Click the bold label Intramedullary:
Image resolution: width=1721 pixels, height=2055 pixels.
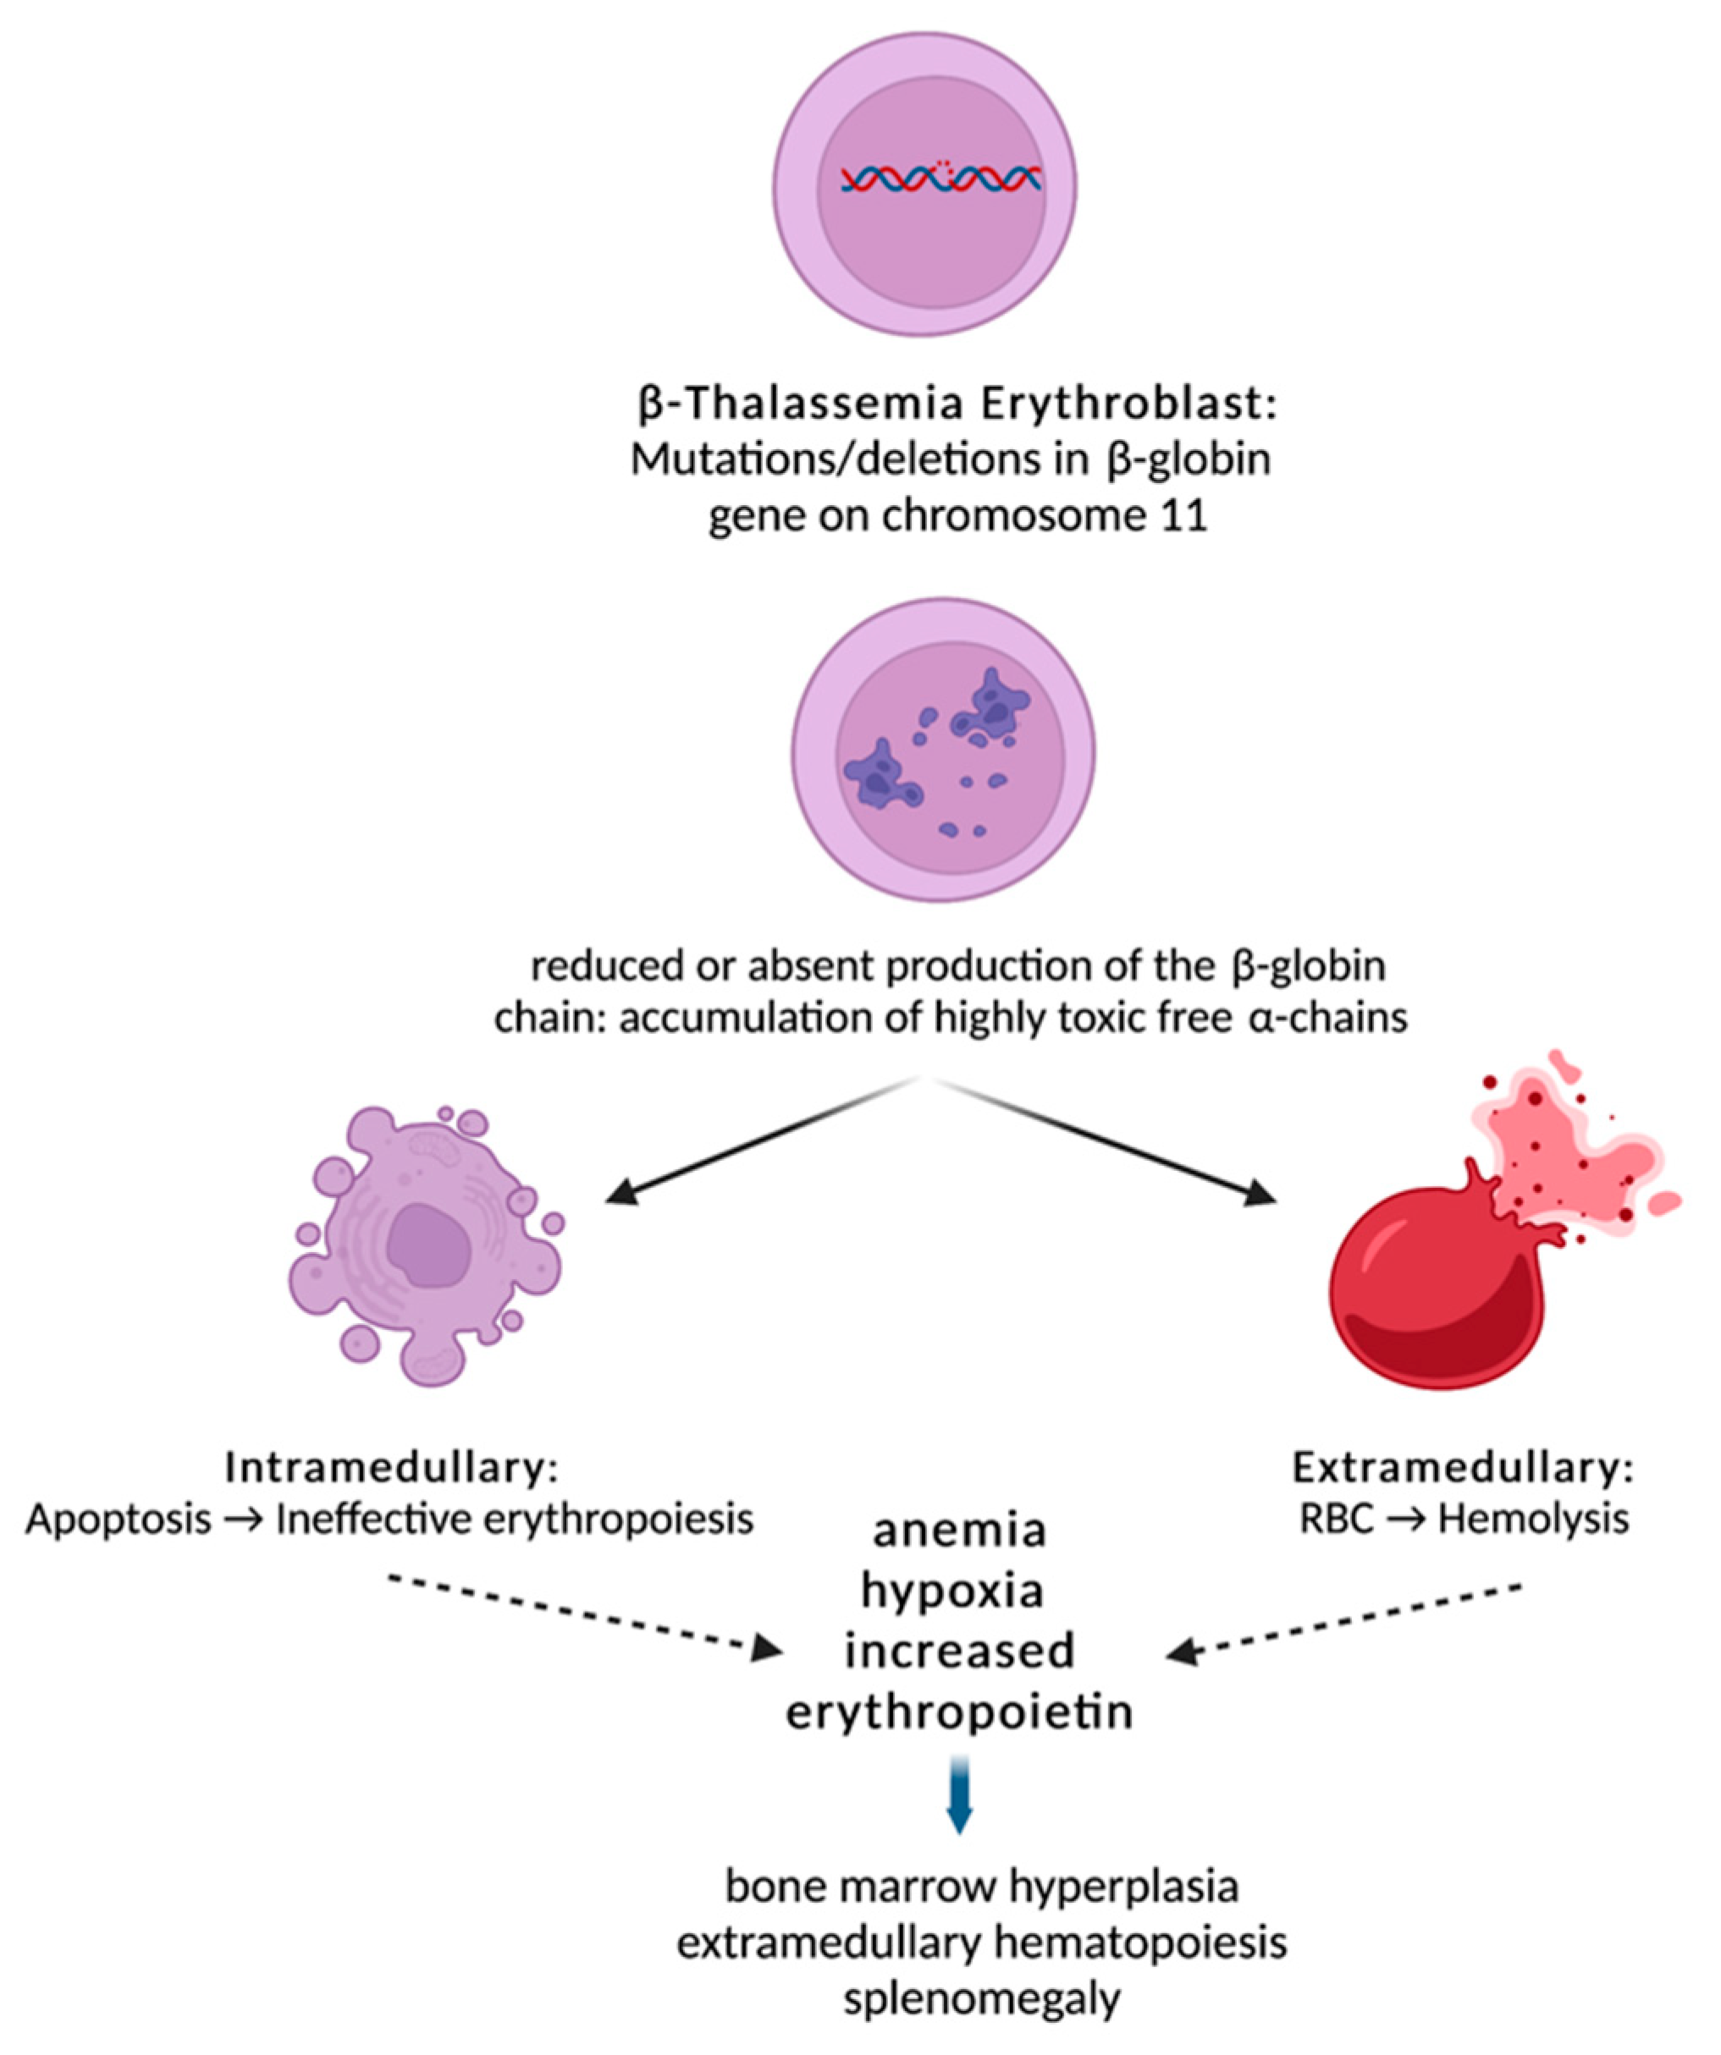click(x=393, y=1468)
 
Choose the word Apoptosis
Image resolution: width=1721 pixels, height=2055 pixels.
click(x=119, y=1519)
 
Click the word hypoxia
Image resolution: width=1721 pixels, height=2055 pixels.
click(x=952, y=1591)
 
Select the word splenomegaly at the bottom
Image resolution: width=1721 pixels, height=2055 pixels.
click(x=982, y=2000)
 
